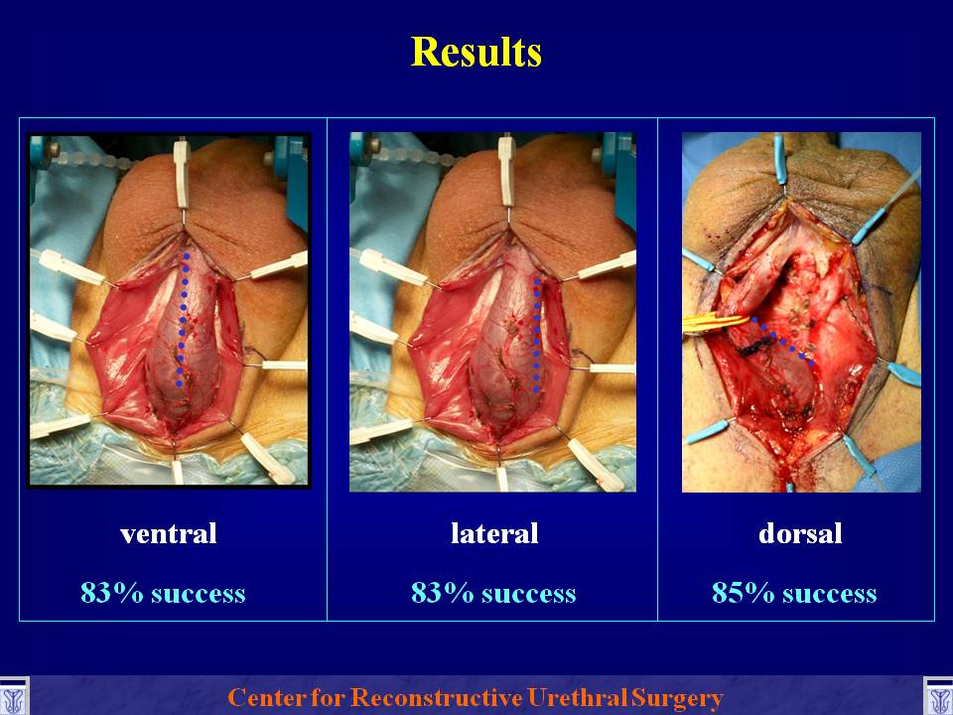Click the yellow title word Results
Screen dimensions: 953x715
pos(476,52)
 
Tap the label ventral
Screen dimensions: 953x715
pos(169,534)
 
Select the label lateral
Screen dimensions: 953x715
pos(494,533)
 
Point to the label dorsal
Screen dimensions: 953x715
pos(800,533)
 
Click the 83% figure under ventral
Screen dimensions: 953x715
pos(112,592)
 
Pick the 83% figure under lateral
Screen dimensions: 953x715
pos(442,592)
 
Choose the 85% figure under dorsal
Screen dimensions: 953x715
pos(744,592)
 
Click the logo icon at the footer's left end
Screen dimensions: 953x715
pos(13,697)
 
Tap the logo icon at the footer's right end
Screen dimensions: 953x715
pos(938,697)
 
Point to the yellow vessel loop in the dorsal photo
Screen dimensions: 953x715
pos(716,324)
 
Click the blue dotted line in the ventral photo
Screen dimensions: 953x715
pos(183,319)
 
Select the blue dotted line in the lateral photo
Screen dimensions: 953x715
pos(537,335)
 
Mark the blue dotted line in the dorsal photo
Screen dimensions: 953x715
pos(783,342)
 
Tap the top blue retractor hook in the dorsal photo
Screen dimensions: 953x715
pos(780,159)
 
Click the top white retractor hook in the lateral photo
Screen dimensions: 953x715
pos(506,173)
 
